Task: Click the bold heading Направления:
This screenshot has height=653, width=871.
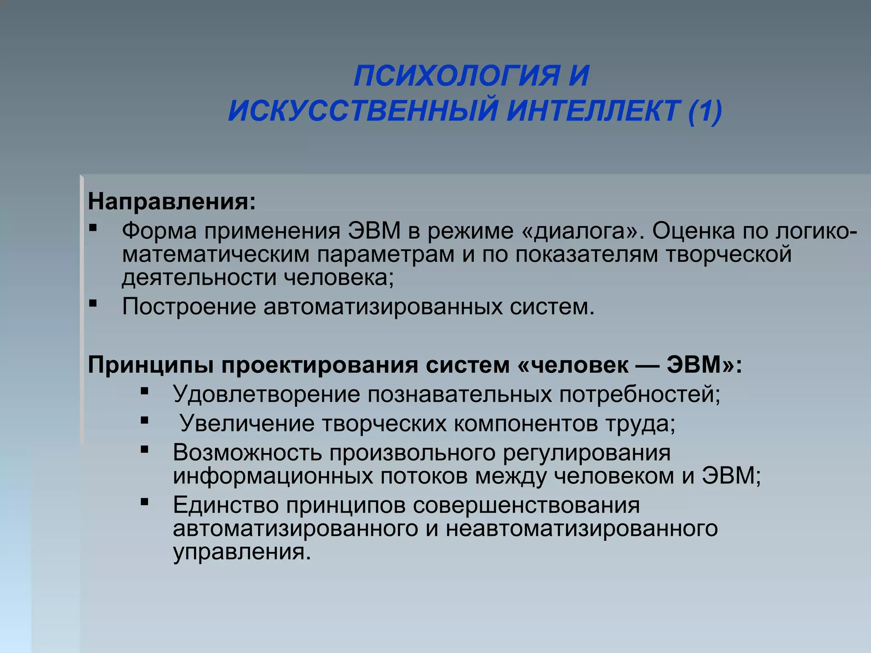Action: tap(172, 202)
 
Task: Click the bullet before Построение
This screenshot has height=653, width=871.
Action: tap(93, 303)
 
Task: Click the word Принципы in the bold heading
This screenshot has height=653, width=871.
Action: tap(151, 365)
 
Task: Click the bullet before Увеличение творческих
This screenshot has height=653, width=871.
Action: tap(145, 420)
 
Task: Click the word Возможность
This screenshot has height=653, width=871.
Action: tap(247, 453)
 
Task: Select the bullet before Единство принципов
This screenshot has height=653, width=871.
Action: tap(145, 502)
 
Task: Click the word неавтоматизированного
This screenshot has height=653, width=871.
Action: tap(582, 529)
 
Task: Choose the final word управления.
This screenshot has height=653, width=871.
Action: tap(242, 552)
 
